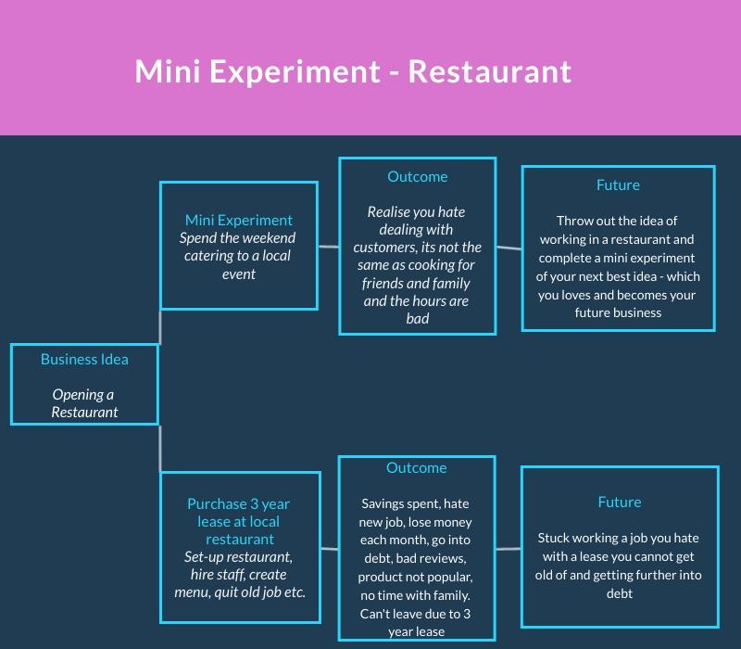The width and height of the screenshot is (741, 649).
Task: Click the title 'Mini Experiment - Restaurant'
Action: pos(353,71)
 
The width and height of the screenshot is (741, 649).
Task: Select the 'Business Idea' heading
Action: pos(84,360)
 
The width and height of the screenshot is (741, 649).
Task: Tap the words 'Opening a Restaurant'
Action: pos(84,403)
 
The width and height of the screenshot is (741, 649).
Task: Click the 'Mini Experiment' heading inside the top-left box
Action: pos(239,220)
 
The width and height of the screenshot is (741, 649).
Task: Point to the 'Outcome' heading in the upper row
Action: pos(417,176)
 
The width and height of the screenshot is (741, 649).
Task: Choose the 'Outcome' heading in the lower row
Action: pos(417,468)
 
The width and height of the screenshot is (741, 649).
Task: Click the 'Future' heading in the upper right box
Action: pos(618,185)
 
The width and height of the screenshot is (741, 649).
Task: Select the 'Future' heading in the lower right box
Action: pos(620,502)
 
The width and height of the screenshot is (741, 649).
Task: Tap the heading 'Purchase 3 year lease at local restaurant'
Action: pos(239,521)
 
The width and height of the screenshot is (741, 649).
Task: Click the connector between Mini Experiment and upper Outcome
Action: pos(329,247)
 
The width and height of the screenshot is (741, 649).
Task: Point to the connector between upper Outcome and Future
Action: pos(509,248)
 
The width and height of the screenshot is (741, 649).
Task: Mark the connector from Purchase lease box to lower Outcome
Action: pos(330,550)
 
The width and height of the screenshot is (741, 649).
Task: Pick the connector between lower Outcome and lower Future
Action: pos(509,549)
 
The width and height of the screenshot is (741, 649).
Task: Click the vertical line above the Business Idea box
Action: pos(160,326)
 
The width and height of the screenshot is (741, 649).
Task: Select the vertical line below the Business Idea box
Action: pos(160,448)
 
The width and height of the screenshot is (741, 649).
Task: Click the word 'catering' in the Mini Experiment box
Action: pos(209,256)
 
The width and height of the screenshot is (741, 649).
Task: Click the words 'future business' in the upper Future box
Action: pos(618,312)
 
